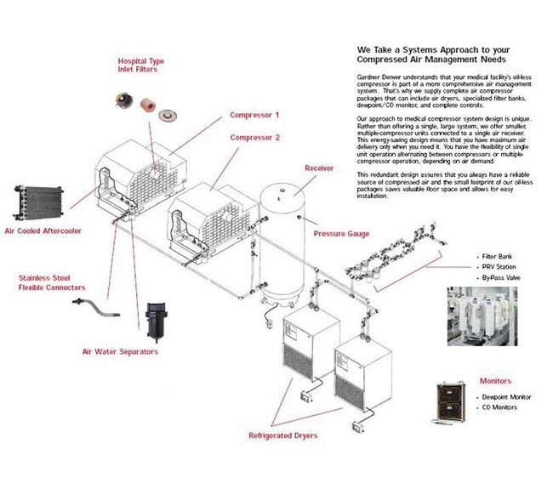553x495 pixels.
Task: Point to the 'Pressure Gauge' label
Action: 341,233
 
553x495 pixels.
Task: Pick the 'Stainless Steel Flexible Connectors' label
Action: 52,282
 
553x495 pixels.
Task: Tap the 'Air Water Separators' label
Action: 120,351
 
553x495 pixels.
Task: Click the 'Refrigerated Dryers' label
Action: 282,435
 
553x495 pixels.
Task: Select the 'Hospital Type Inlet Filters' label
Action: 141,66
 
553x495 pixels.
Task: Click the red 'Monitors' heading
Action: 495,381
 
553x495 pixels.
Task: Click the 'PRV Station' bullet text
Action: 497,265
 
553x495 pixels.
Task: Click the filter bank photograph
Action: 481,317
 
